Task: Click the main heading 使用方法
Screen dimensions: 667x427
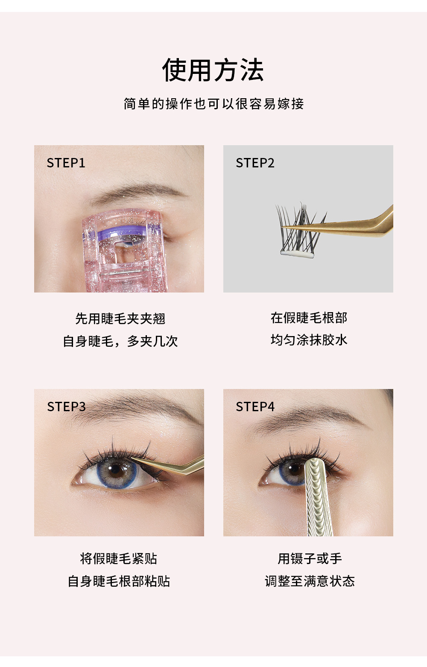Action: coord(213,70)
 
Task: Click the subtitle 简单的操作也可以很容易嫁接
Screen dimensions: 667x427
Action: coord(213,104)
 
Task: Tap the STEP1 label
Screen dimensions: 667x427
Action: coord(66,163)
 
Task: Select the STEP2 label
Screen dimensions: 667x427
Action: coord(255,163)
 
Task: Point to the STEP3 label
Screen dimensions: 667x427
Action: coord(66,407)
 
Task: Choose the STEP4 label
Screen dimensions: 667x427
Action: coord(255,407)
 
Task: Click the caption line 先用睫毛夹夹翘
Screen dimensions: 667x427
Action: coord(120,319)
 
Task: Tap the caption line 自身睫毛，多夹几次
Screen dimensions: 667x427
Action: coord(120,341)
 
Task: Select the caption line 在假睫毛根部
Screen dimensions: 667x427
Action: coord(309,318)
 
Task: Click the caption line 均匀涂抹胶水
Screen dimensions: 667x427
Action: coord(309,340)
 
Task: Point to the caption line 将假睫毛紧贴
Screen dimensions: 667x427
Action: coord(119,559)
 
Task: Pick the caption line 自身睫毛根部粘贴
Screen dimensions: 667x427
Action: coord(119,581)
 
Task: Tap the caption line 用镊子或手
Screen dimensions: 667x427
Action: coord(310,559)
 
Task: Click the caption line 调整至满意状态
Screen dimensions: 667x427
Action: coord(310,581)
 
